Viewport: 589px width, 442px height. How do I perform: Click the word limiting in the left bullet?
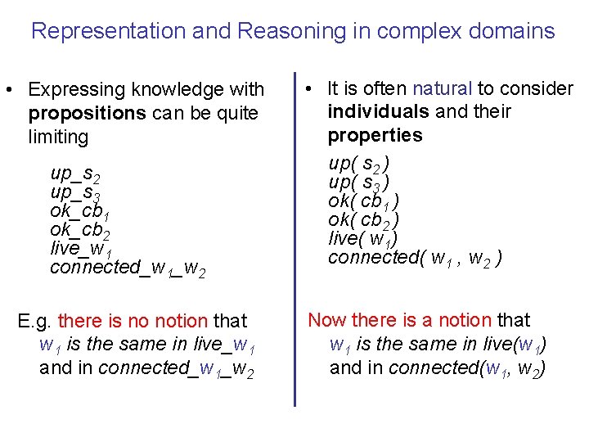coord(58,137)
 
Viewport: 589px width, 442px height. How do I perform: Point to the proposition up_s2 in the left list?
coord(75,174)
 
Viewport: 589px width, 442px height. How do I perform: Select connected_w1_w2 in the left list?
coord(127,268)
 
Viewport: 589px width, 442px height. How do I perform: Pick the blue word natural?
coord(443,88)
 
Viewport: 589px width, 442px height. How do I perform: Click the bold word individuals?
coord(378,111)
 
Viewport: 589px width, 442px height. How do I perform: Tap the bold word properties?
coord(375,135)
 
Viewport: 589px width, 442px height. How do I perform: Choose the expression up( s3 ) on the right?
coord(358,183)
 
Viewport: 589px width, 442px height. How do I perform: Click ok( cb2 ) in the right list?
coord(363,220)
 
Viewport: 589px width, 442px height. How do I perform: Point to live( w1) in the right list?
coord(362,239)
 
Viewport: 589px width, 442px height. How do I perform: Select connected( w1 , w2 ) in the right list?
coord(415,258)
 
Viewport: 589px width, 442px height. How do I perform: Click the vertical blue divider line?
coord(294,237)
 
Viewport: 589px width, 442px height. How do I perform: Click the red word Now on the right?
coord(326,320)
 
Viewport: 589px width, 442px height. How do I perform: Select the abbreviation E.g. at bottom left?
coord(35,321)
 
